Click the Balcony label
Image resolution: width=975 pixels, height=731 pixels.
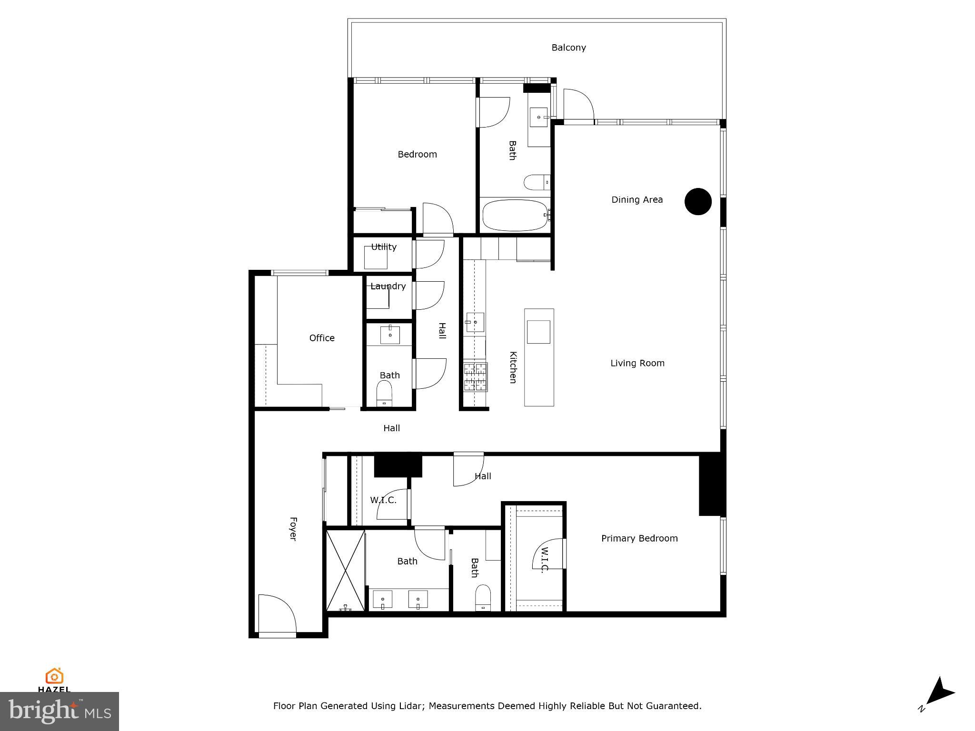[568, 48]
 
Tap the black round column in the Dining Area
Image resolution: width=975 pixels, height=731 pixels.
[698, 201]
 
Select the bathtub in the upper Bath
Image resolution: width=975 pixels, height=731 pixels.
[515, 215]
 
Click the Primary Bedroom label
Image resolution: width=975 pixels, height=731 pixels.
[639, 538]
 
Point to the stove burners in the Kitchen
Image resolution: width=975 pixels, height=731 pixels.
[476, 377]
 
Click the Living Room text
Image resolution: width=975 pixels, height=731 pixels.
[637, 363]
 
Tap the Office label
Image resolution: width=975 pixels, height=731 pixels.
[322, 338]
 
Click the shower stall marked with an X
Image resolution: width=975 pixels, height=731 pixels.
[346, 570]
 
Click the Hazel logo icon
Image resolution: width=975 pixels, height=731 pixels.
[54, 676]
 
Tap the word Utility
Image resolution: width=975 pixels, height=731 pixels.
[384, 247]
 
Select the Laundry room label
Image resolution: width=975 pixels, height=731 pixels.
[388, 286]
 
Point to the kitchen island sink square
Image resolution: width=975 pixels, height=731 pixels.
[539, 332]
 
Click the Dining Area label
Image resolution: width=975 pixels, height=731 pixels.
[637, 199]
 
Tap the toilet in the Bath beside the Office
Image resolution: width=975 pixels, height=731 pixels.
[384, 393]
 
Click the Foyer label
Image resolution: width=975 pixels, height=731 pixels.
[293, 528]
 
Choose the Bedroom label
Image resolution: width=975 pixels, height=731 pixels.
[417, 154]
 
